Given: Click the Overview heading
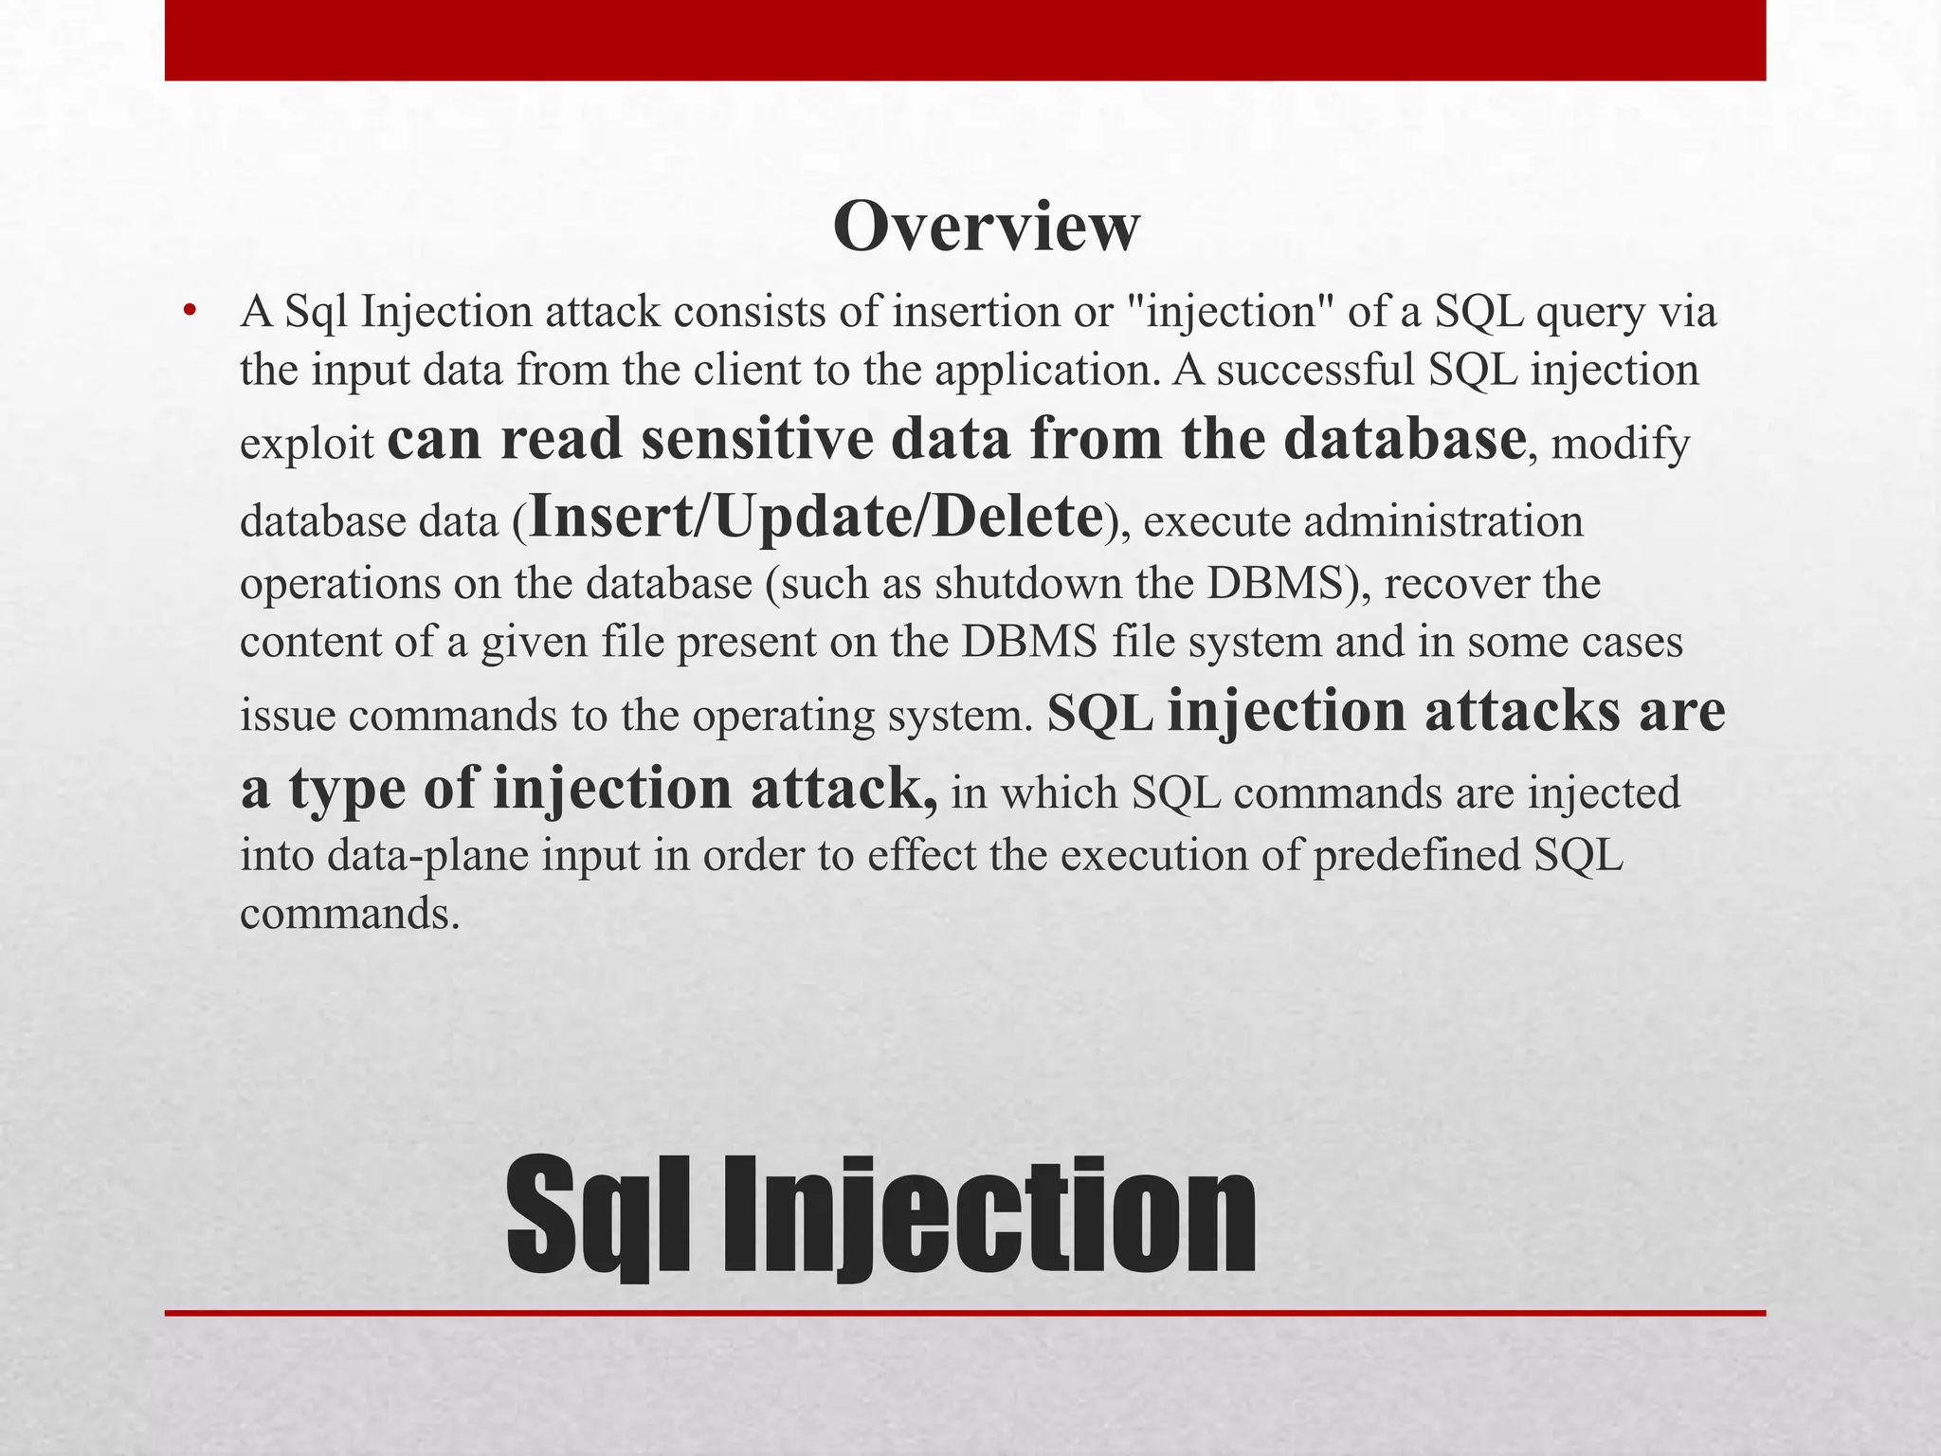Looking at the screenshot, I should (x=986, y=227).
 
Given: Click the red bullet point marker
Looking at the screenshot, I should (x=190, y=312).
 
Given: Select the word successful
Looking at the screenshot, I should (x=1315, y=370).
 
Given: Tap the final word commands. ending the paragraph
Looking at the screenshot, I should (x=349, y=914).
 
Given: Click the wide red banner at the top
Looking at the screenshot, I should (x=965, y=40).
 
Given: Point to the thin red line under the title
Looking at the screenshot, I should (x=965, y=1313).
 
